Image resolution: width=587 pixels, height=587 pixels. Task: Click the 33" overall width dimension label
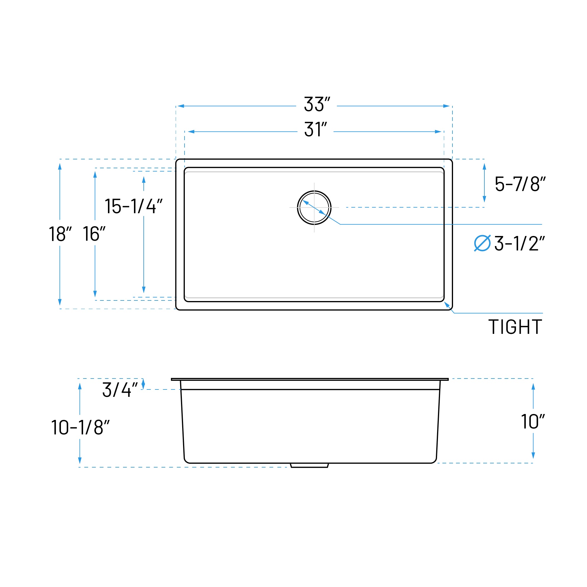(317, 104)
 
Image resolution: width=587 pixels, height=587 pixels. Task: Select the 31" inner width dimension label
(315, 130)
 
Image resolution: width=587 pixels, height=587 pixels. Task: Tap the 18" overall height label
(60, 234)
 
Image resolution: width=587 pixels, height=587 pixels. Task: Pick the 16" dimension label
(94, 234)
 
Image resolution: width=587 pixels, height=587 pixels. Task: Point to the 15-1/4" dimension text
(133, 206)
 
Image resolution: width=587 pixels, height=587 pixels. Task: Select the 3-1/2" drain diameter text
(519, 243)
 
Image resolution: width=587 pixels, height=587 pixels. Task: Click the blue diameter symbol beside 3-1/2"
(482, 243)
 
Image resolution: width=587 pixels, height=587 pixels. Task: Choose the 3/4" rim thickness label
(120, 390)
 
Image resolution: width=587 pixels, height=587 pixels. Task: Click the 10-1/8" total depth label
(80, 428)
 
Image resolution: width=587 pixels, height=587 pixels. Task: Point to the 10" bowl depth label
(533, 422)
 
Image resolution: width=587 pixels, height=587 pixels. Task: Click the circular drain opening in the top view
(314, 208)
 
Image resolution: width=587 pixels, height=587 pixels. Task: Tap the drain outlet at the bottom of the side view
(309, 466)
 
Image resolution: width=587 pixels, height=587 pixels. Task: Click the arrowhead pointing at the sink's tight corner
(447, 304)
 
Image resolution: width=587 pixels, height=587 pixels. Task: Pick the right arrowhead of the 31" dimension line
(438, 132)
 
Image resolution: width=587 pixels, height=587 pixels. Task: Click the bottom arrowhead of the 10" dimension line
(533, 455)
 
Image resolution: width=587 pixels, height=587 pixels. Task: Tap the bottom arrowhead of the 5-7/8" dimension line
(484, 199)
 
